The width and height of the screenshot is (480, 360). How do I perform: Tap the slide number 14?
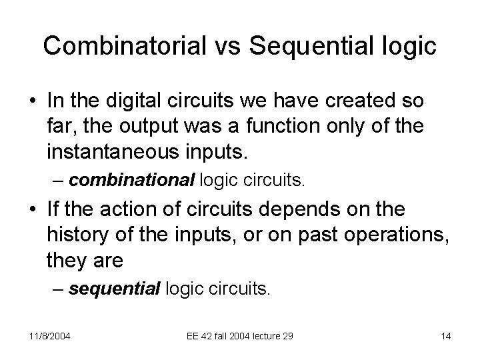click(x=446, y=336)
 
